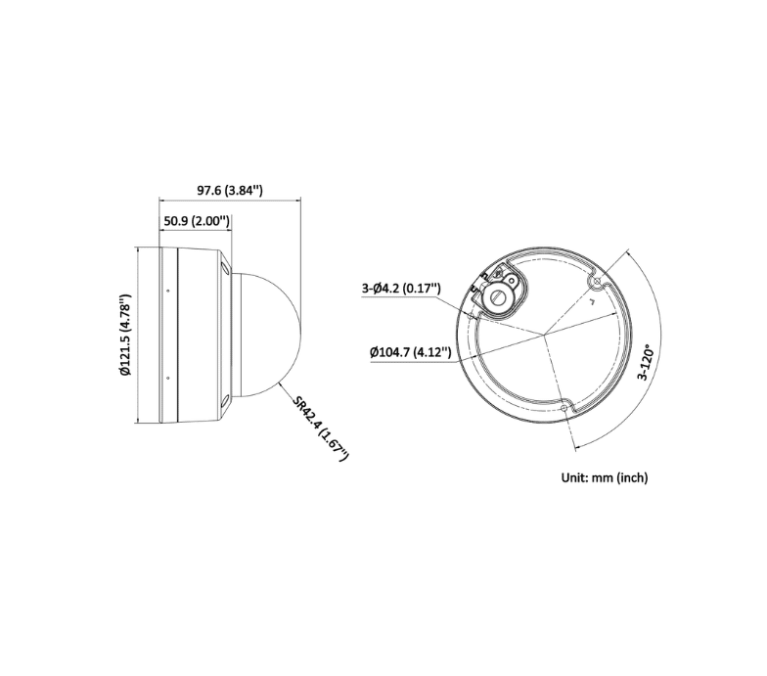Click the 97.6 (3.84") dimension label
point(229,190)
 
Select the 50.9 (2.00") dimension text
point(196,221)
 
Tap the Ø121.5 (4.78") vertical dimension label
point(125,335)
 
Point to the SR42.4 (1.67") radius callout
point(321,428)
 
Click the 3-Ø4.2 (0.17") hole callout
point(401,288)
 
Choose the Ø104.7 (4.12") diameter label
point(411,352)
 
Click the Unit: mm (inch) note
point(605,477)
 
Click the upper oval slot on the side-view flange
point(225,267)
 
